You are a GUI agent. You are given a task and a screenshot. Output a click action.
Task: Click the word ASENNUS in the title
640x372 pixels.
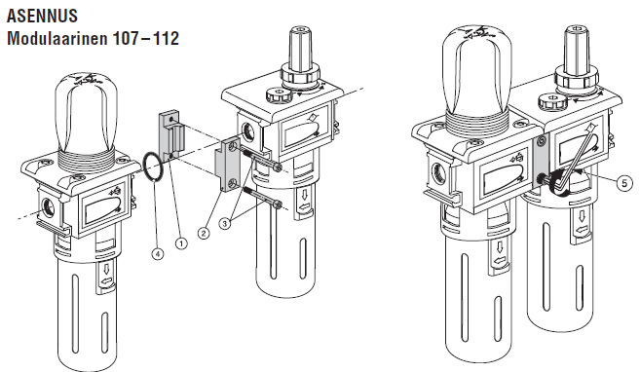point(42,16)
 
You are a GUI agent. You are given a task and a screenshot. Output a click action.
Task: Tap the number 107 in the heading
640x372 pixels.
point(126,38)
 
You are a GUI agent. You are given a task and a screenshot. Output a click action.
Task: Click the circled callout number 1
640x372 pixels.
point(181,243)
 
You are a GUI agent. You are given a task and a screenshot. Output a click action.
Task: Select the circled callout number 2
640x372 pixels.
point(204,233)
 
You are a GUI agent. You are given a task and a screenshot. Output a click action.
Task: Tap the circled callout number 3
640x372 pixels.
point(225,223)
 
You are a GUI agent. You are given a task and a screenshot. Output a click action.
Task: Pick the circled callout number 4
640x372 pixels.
point(158,254)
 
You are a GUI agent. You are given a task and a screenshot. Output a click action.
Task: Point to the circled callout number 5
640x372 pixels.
point(624,183)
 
